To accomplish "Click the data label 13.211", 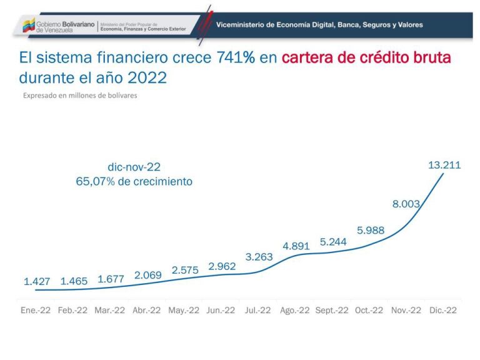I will click(444, 165).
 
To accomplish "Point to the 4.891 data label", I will click(296, 246).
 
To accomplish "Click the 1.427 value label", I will click(37, 282).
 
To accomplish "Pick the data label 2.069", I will click(149, 275).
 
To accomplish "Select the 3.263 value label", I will click(259, 257).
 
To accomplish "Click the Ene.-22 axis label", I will click(36, 310).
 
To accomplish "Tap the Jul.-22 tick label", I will click(257, 310).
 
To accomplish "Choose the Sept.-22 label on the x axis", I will click(331, 310).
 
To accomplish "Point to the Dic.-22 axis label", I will click(442, 310).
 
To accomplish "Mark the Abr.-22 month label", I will click(147, 310).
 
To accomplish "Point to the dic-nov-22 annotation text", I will click(134, 167).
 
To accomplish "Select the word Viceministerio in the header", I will click(240, 25).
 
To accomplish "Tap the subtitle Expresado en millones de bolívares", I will click(80, 96).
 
